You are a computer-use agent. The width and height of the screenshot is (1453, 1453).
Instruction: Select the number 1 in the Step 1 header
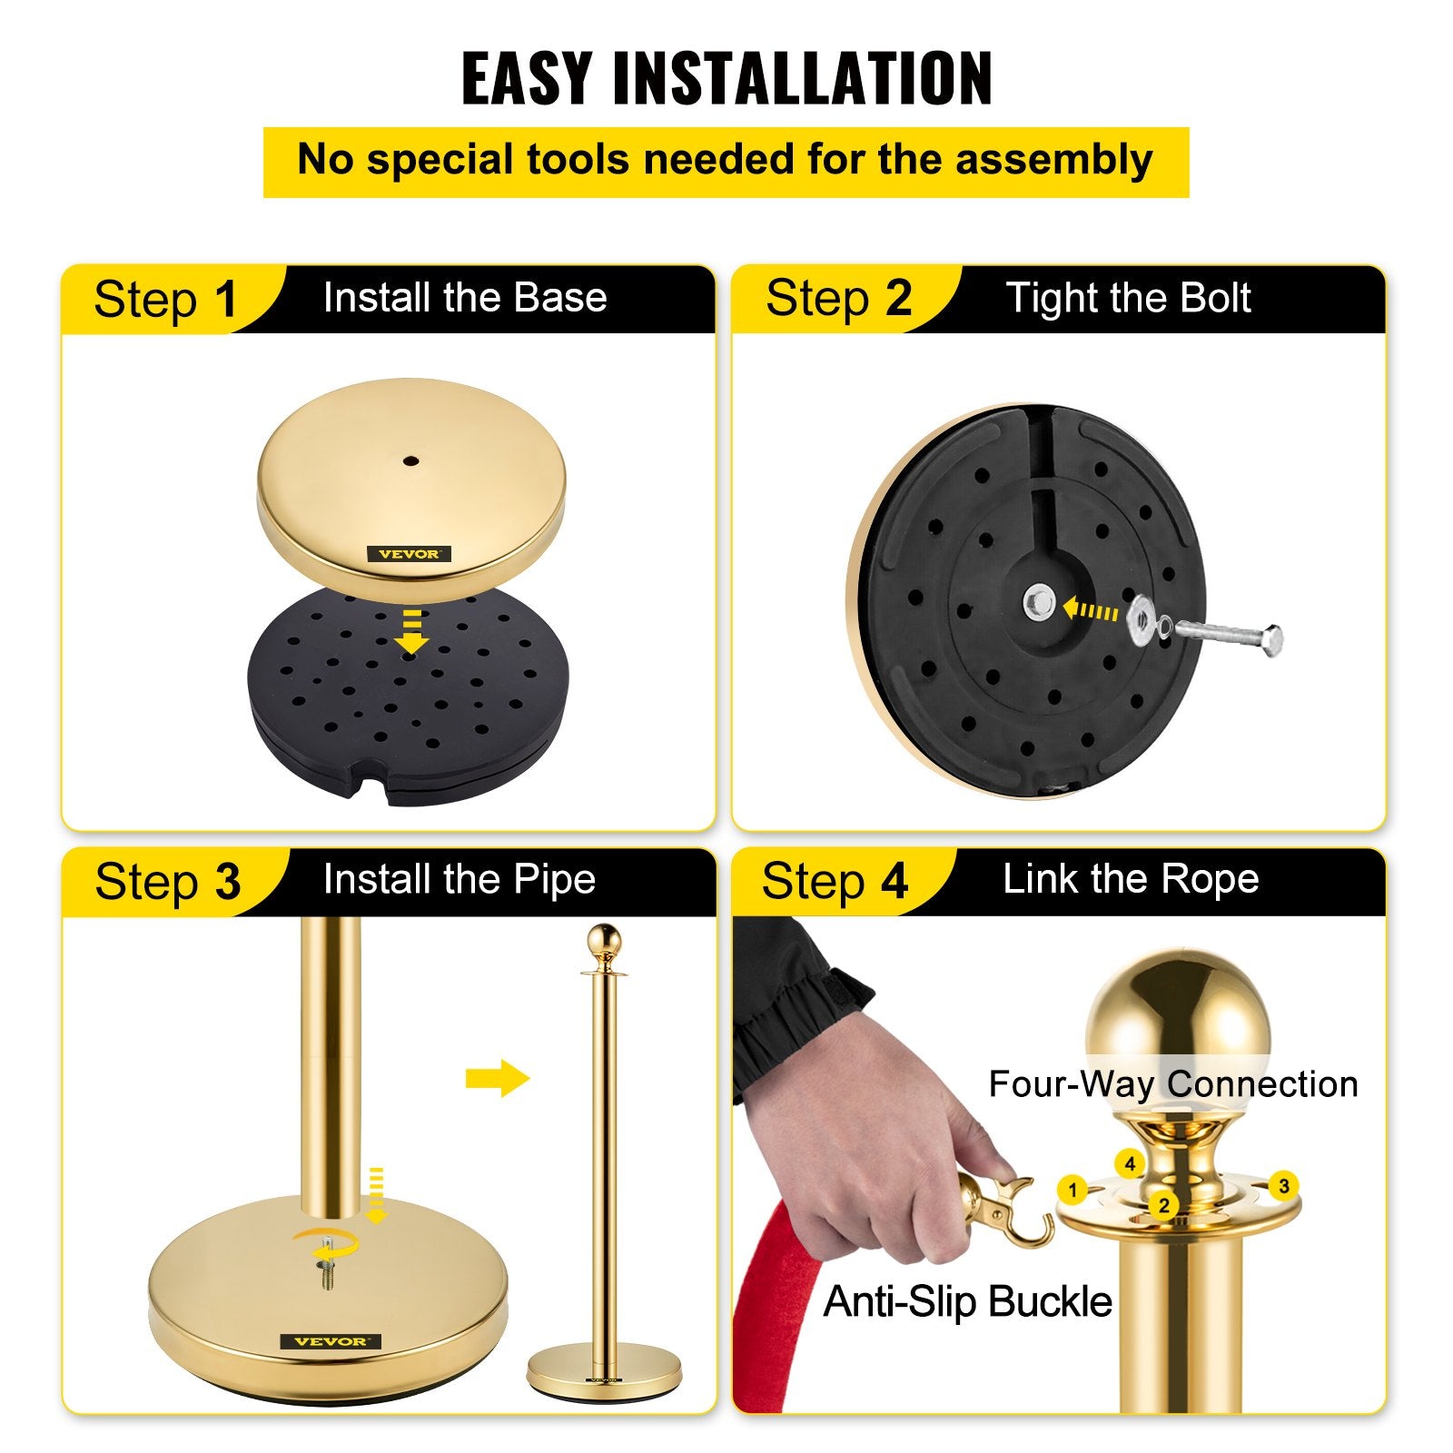tap(225, 299)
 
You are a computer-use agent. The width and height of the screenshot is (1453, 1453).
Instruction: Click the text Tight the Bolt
tap(1128, 298)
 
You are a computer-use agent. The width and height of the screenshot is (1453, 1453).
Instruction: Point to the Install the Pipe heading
tap(460, 879)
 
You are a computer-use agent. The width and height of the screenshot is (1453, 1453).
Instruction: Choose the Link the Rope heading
tap(1131, 878)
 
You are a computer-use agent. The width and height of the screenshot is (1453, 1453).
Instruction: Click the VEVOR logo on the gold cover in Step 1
tap(409, 553)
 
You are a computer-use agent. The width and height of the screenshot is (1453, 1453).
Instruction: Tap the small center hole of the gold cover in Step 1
tap(410, 461)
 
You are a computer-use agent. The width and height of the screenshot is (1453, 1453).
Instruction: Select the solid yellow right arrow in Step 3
tap(497, 1079)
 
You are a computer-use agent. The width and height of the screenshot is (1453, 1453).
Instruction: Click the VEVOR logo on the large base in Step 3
tap(331, 1341)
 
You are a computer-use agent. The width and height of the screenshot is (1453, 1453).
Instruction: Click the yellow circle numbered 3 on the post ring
tap(1283, 1186)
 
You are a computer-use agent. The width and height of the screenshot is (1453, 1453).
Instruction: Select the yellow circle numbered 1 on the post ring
tap(1072, 1190)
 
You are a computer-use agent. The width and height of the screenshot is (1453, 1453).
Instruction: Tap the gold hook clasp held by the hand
tap(1008, 1208)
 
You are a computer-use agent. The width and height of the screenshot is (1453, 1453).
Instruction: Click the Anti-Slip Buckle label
tap(967, 1301)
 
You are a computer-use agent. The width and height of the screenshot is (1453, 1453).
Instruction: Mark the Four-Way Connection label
tap(1172, 1083)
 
